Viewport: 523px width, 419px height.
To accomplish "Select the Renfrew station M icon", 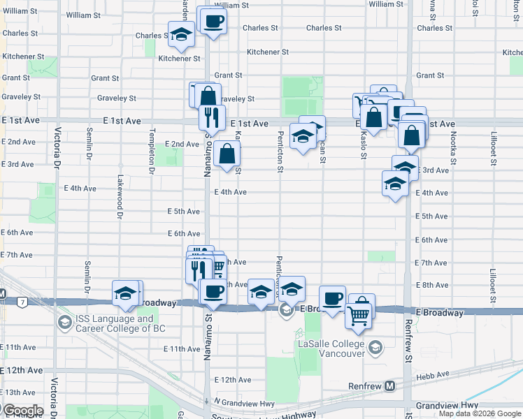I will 389,385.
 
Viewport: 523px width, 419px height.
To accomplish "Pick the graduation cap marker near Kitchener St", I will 181,35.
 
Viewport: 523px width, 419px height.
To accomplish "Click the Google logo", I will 22,410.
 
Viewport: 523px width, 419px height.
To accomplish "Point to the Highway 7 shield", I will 23,302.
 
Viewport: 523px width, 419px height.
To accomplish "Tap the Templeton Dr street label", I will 152,151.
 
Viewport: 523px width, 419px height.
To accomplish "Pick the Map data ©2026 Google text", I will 480,413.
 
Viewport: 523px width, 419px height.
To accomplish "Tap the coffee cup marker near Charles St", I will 214,20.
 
